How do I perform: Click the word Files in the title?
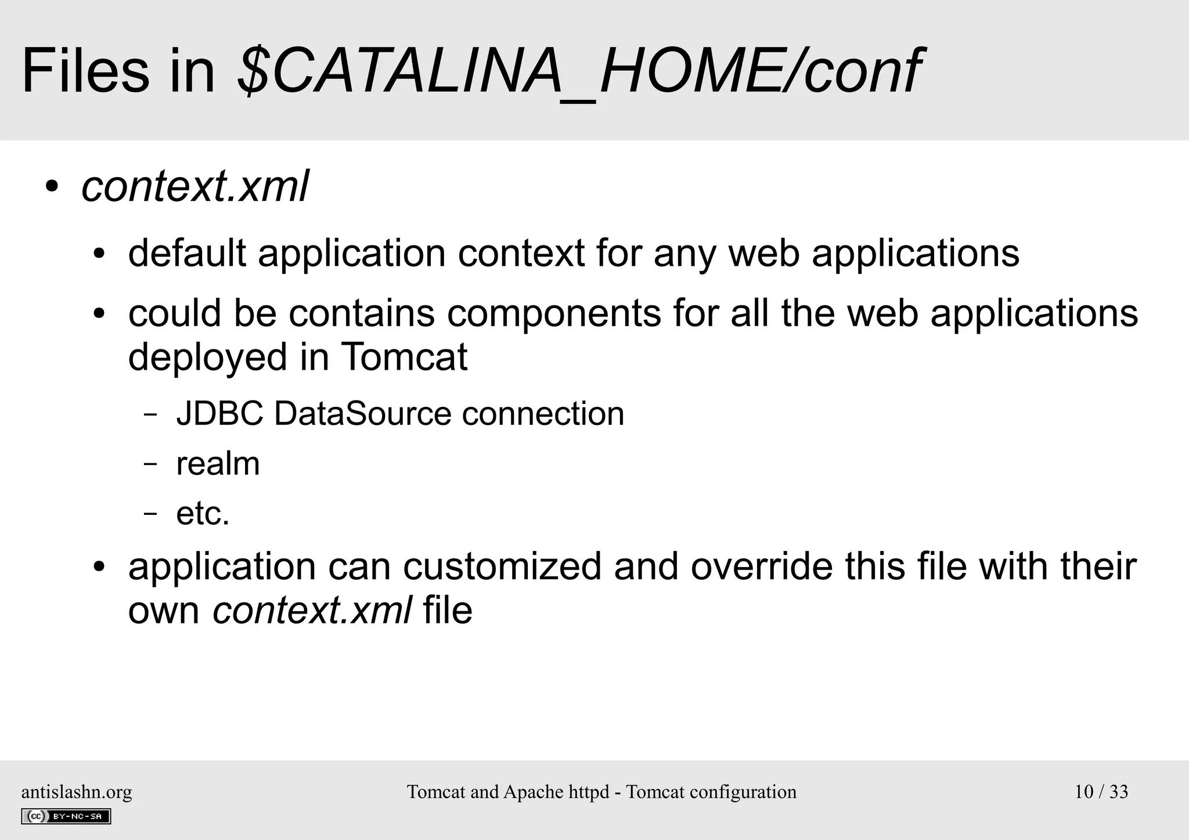85,72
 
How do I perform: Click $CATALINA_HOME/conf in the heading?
578,72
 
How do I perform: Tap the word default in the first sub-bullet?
186,253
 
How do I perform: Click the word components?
554,313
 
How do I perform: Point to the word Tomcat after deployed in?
404,356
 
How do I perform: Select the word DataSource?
362,414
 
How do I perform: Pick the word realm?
218,464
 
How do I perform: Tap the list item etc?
203,514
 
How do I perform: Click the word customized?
502,567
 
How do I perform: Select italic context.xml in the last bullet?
312,611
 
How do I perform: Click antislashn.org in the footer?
77,792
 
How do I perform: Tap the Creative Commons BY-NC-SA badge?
66,816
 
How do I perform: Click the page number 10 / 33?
1101,792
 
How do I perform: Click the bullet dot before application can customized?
99,567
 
